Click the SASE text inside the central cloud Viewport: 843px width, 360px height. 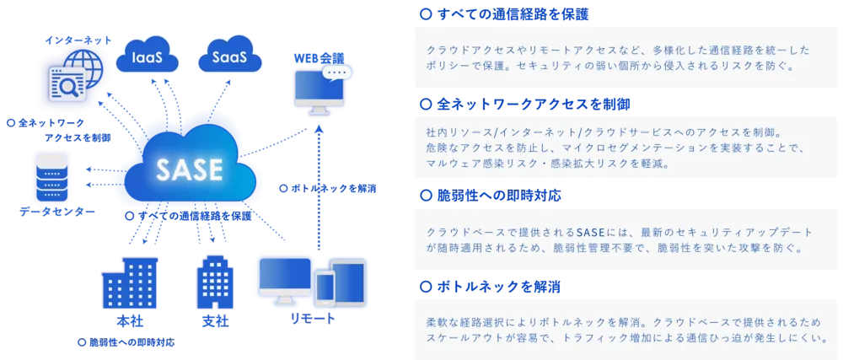coord(189,170)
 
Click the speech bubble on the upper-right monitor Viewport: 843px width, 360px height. coord(336,73)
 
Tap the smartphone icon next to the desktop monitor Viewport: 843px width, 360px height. coord(325,291)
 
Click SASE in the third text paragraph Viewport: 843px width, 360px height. coord(592,232)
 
